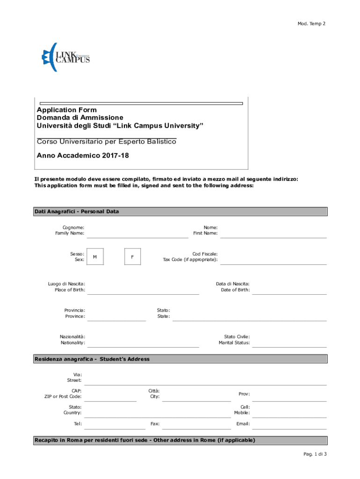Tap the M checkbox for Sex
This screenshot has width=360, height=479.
point(95,257)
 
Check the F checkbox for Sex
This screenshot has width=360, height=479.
point(133,257)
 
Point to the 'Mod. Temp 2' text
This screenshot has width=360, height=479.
point(311,23)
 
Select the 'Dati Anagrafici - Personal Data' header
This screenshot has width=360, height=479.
point(77,211)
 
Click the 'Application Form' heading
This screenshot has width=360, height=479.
point(67,110)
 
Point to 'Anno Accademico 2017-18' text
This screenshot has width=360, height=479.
point(83,155)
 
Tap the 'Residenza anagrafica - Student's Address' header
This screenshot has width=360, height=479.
point(92,359)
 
